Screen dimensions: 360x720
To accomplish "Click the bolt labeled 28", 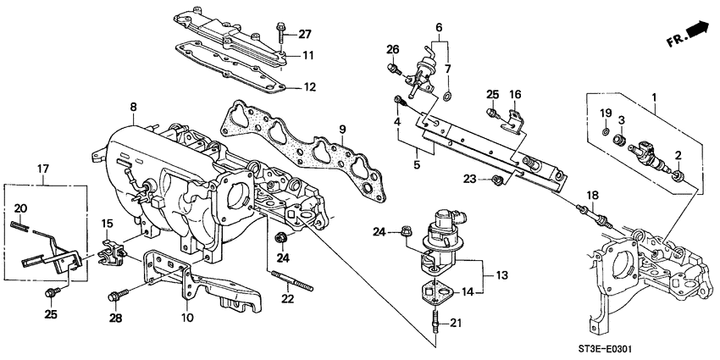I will pos(116,296).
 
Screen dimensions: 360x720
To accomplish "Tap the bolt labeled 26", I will pos(392,68).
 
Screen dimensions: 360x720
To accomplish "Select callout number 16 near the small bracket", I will pos(514,93).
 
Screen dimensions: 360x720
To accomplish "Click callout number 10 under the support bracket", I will pos(187,318).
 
